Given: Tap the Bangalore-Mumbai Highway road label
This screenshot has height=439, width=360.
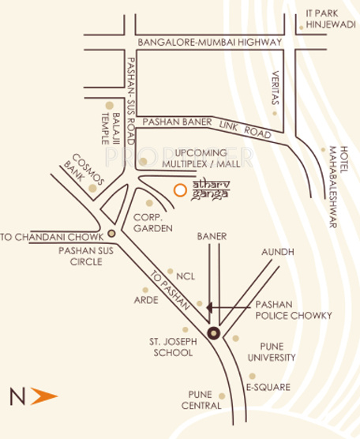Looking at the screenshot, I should [209, 42].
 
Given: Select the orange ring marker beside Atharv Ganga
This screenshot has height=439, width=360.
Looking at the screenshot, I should [181, 189].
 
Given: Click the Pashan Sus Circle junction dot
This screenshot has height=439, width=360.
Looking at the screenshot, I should [112, 233].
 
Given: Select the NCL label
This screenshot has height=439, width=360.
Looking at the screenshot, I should [185, 276].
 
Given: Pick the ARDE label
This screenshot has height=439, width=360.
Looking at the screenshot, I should [146, 300].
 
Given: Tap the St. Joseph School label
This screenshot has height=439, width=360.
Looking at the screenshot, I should [171, 347].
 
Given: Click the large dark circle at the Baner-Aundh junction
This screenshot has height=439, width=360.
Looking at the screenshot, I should [213, 332].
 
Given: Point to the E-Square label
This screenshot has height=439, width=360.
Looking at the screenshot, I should [268, 387].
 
